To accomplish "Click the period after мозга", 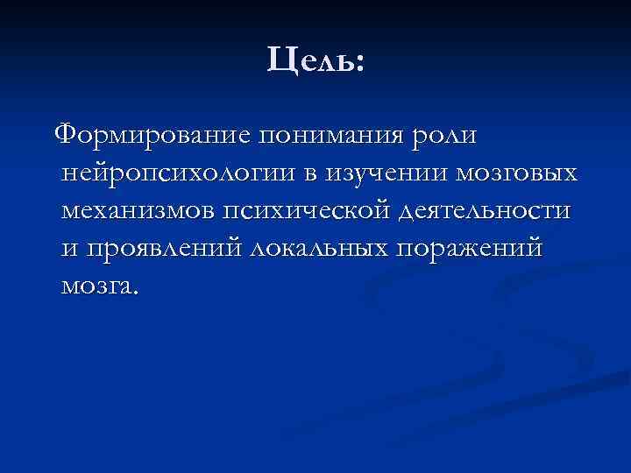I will pos(135,293).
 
